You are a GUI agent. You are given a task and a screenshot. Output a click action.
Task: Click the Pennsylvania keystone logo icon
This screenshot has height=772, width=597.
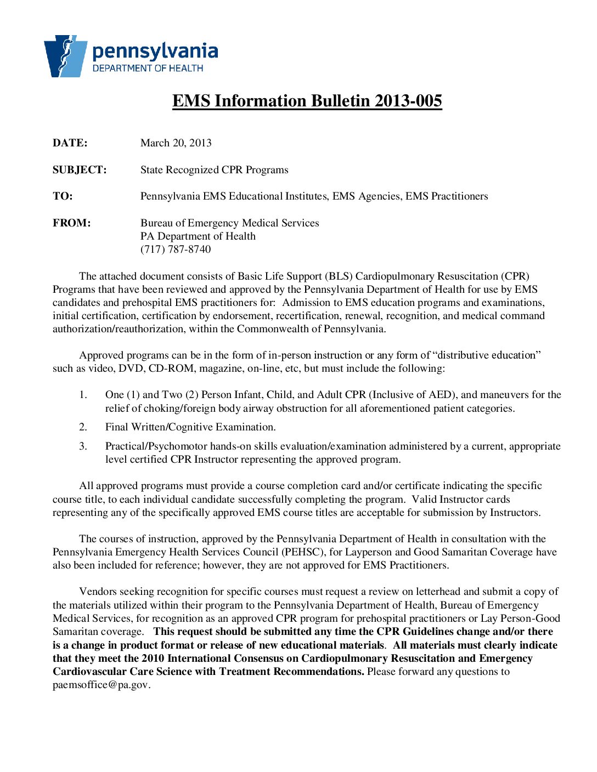(x=65, y=56)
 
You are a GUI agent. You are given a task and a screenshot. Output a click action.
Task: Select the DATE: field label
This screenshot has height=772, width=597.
(x=70, y=143)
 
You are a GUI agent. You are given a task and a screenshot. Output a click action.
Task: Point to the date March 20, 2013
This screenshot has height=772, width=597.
(x=176, y=143)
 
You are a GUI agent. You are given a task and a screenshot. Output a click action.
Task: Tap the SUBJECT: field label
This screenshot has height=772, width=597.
(x=80, y=170)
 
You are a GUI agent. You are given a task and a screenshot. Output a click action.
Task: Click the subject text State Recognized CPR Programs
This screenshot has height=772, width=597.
(x=214, y=170)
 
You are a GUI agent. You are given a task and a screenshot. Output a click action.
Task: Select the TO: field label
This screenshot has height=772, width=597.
(x=63, y=196)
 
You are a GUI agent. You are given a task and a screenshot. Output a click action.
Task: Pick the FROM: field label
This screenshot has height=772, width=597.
(x=71, y=223)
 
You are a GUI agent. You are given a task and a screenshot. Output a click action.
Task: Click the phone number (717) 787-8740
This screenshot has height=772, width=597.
(x=176, y=249)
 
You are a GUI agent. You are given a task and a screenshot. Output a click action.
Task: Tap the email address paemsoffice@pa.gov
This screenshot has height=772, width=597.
(x=101, y=685)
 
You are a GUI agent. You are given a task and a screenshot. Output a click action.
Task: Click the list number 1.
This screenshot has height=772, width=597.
(x=83, y=395)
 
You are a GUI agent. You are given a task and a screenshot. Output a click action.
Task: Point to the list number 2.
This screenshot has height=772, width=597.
(x=83, y=427)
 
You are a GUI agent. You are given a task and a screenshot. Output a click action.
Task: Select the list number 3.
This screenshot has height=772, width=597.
(x=83, y=446)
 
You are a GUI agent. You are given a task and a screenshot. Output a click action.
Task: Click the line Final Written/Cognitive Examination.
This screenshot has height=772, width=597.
(x=190, y=427)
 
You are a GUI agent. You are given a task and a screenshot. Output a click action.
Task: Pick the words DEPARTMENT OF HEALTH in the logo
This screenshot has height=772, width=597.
(x=148, y=69)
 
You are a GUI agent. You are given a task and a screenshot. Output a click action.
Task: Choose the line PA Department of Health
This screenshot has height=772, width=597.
(x=198, y=236)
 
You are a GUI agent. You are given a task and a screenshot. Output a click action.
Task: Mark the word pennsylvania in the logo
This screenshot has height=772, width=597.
(x=155, y=52)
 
